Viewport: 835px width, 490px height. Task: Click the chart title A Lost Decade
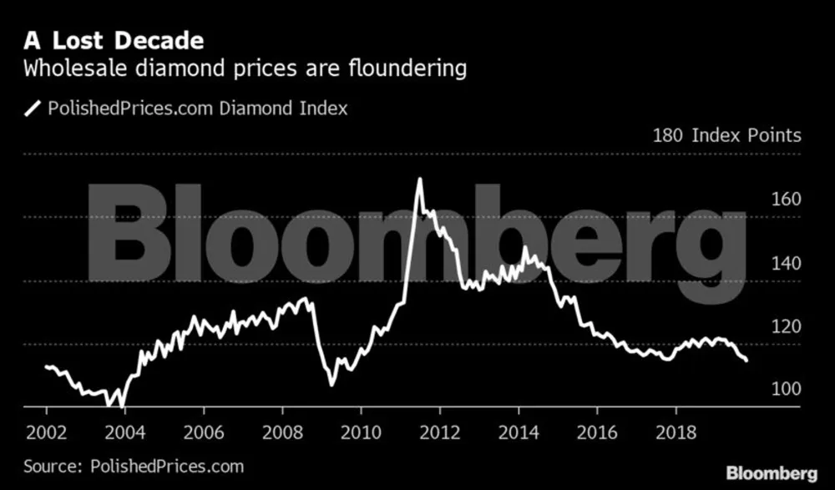click(x=114, y=39)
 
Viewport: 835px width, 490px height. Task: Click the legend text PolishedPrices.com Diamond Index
click(x=198, y=108)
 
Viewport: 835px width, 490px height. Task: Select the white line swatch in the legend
click(x=33, y=108)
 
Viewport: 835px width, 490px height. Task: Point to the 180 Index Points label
click(x=726, y=135)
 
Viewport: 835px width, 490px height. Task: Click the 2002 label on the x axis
click(x=47, y=432)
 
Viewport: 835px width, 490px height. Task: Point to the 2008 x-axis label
click(x=282, y=432)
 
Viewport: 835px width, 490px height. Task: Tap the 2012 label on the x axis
click(x=439, y=432)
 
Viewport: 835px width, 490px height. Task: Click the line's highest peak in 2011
click(x=419, y=179)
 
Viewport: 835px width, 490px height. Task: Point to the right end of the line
click(x=746, y=360)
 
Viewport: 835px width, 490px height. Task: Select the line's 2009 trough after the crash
click(x=331, y=385)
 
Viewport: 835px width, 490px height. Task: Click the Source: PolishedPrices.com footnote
click(x=134, y=466)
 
